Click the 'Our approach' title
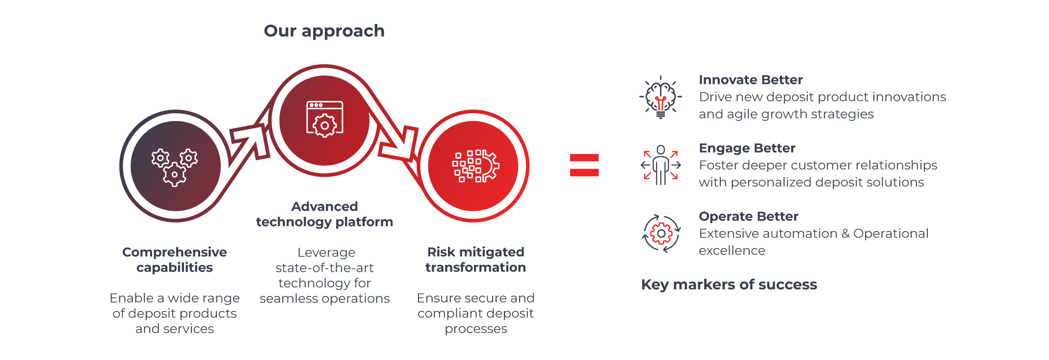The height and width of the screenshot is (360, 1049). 324,31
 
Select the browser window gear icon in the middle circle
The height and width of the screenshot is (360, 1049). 324,120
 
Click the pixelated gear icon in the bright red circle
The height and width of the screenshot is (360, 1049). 475,166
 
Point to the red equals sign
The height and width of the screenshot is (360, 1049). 584,165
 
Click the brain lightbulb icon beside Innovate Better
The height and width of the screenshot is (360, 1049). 660,97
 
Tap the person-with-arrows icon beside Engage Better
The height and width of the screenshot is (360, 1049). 660,165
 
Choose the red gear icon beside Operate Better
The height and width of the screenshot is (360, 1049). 661,233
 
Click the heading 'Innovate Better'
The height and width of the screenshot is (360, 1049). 751,80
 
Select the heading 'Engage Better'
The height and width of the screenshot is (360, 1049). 747,148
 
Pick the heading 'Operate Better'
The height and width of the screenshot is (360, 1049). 748,216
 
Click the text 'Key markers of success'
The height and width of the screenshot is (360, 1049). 729,284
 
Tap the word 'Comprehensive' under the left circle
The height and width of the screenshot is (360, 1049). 174,252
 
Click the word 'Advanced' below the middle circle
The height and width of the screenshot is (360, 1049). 324,206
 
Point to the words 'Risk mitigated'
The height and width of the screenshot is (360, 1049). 475,252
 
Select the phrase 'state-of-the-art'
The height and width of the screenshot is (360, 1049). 324,268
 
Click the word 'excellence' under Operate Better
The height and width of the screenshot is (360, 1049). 732,251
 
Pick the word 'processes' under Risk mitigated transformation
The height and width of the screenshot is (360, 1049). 475,329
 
